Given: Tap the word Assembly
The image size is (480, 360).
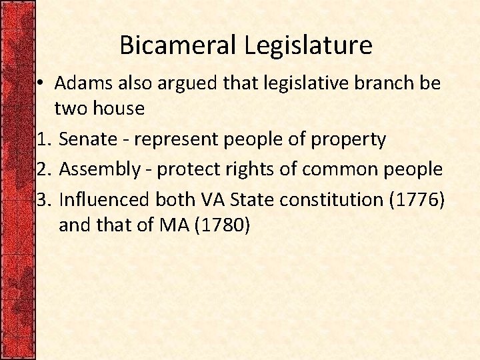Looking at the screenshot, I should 99,169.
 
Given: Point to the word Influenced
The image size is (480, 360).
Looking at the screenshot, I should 105,199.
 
